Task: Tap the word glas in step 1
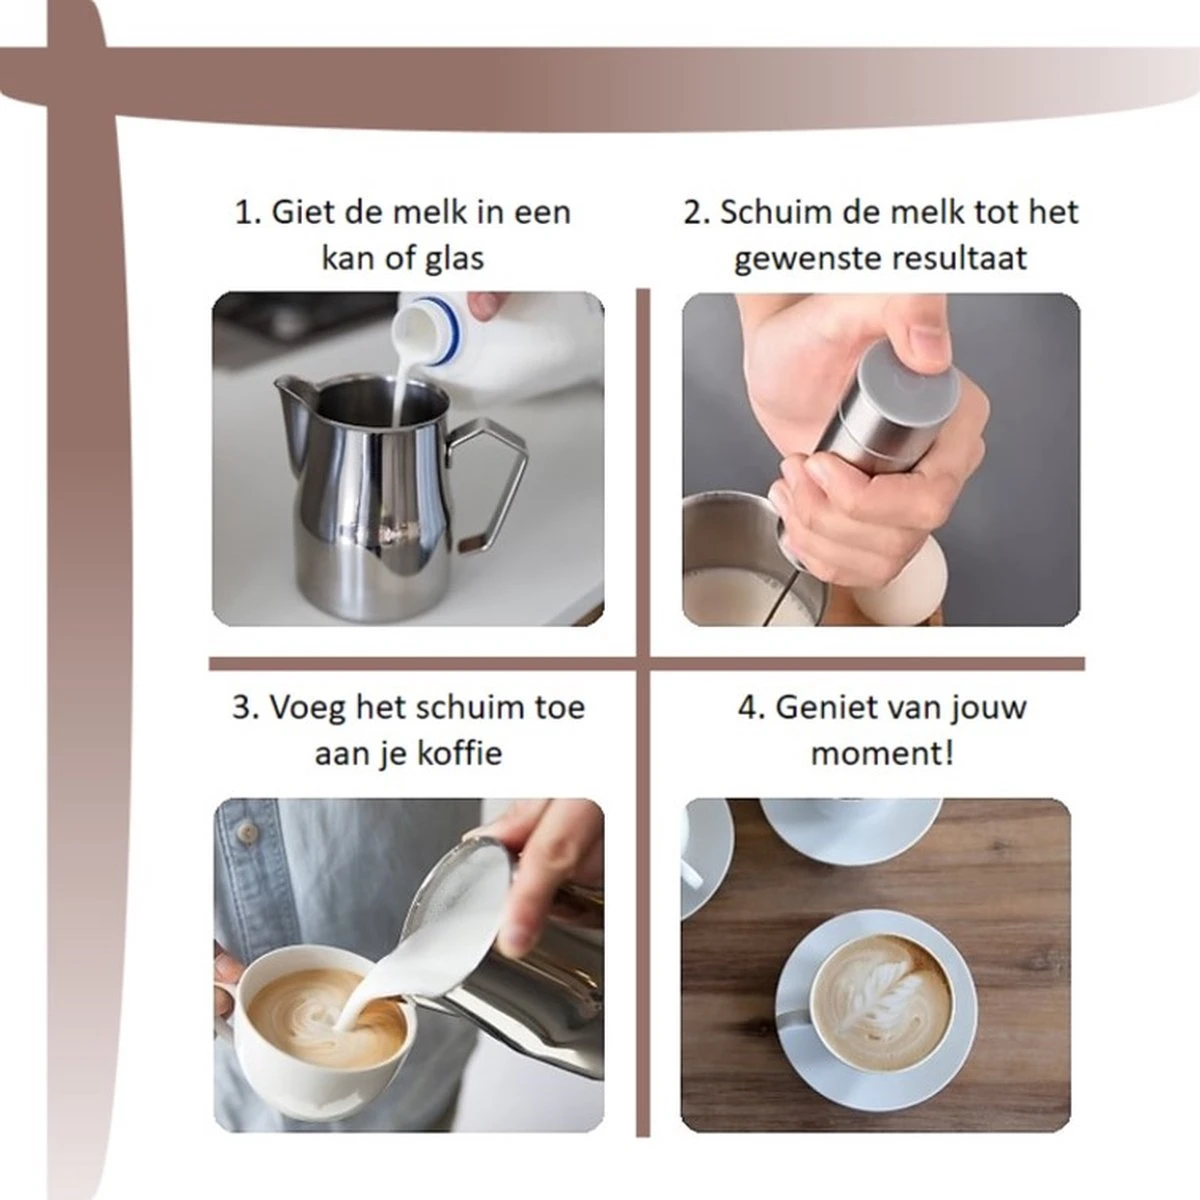point(454,259)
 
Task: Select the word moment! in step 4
point(882,754)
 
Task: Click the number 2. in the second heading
point(697,213)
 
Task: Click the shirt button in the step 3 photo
point(247,831)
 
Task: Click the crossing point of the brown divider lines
point(643,663)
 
